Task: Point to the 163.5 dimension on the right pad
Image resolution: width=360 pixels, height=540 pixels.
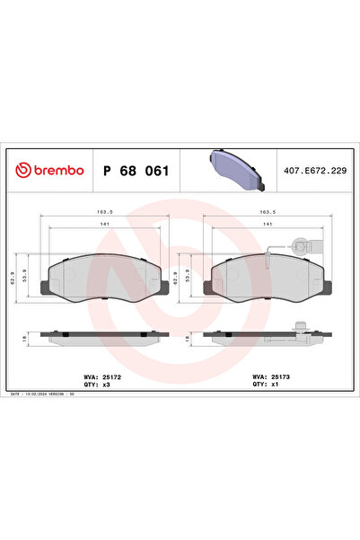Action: pos(267,214)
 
